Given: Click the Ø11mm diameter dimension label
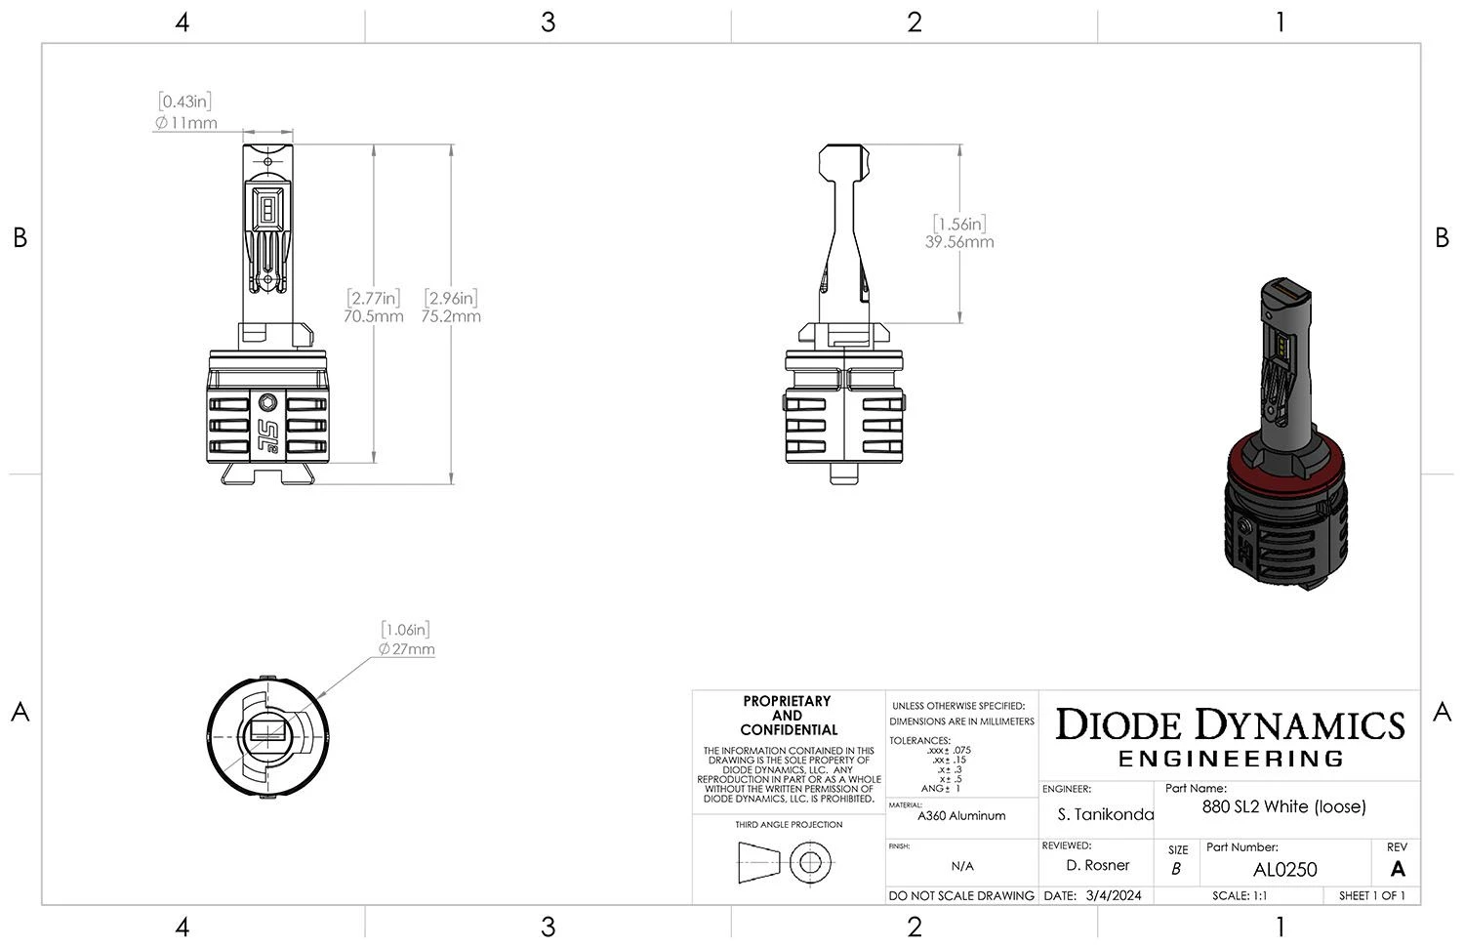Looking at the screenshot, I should click(x=185, y=123).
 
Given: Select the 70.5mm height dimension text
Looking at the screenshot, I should click(x=373, y=316).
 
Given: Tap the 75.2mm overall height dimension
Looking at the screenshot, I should click(x=451, y=316).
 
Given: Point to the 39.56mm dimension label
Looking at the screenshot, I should click(x=959, y=242).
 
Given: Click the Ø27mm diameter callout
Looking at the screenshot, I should click(x=406, y=649).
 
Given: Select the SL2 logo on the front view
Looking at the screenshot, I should click(x=268, y=431).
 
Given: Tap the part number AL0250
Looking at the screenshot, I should click(x=1284, y=869).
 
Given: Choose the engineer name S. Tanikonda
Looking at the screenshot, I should click(x=1105, y=814).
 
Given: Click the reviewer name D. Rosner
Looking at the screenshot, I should click(x=1098, y=865).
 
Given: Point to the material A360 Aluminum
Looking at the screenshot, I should click(x=961, y=815).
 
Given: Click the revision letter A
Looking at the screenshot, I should click(x=1398, y=869).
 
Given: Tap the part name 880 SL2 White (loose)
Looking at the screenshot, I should click(x=1283, y=806).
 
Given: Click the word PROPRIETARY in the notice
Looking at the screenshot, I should click(x=787, y=701).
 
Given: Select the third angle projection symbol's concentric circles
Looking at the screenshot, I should click(x=809, y=863).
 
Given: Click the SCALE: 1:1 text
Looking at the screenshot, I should click(x=1240, y=895).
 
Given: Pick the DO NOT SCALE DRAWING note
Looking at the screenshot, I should click(x=961, y=895).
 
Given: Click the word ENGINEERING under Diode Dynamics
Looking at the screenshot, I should click(x=1231, y=759).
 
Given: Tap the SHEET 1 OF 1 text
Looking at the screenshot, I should click(x=1371, y=895).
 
